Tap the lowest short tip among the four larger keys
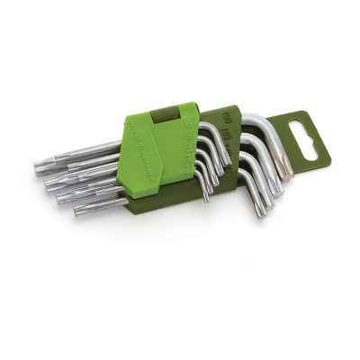[262, 212]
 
